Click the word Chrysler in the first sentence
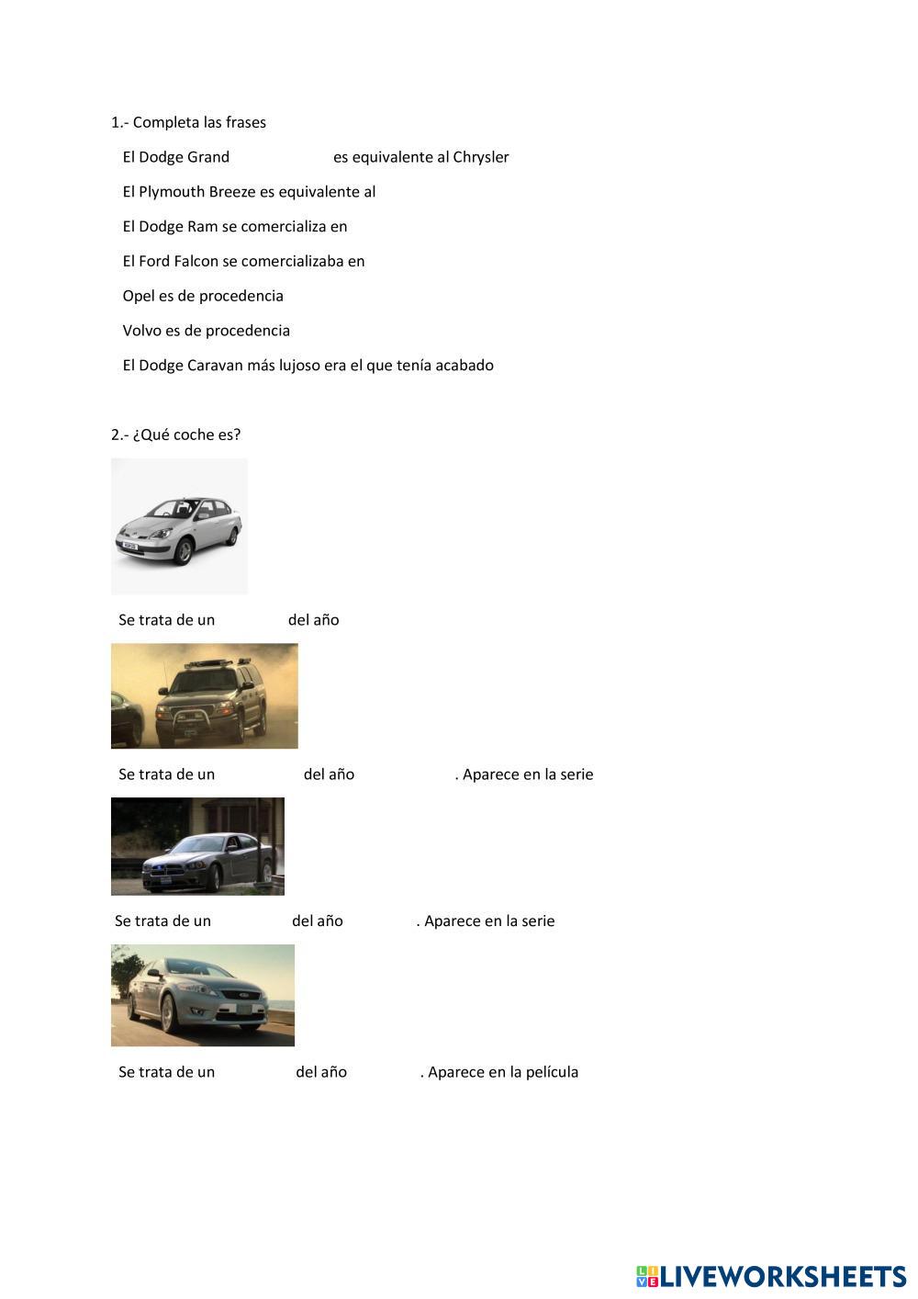(480, 157)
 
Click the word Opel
(139, 296)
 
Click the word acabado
(465, 366)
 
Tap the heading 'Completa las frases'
(199, 122)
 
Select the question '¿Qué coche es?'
(186, 435)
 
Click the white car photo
(179, 526)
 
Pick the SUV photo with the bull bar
(204, 695)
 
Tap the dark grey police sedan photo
(197, 846)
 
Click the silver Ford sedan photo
(202, 995)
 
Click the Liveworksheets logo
(771, 1276)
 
